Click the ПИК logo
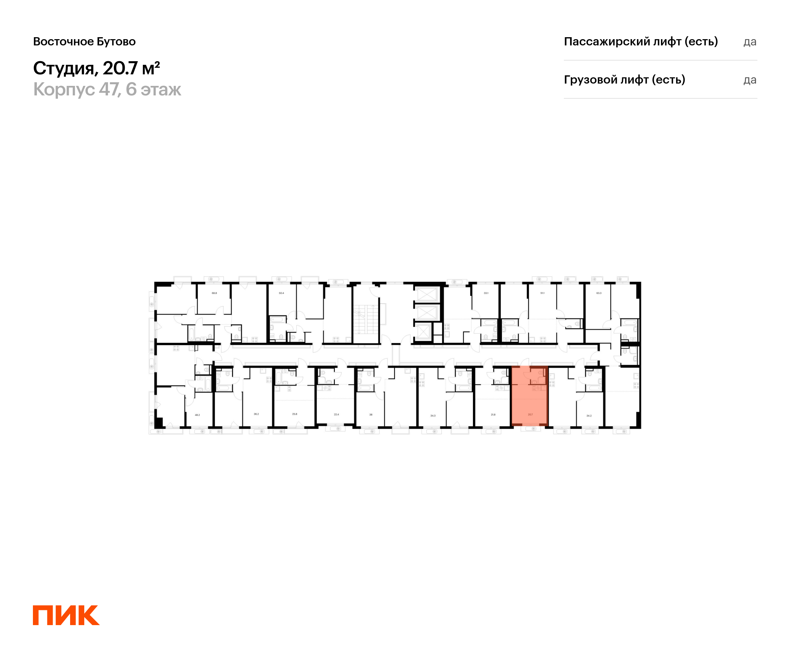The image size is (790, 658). (66, 615)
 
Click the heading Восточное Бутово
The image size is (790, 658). (84, 41)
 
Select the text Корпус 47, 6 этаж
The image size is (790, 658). (107, 89)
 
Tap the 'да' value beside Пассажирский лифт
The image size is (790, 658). (750, 42)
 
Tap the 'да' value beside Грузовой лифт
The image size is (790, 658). (750, 80)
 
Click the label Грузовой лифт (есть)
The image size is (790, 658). (624, 80)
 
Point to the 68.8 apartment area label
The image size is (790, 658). (214, 293)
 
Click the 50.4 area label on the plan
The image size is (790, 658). (281, 293)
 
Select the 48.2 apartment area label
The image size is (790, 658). (197, 415)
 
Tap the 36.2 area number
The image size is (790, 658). (256, 414)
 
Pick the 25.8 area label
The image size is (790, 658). (295, 414)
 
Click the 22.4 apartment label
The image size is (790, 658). (336, 414)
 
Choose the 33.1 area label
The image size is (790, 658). (486, 293)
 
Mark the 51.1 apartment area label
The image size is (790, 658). (542, 293)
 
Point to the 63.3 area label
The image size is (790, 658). (599, 293)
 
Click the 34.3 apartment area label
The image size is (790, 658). (433, 416)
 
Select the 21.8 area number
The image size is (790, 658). (493, 414)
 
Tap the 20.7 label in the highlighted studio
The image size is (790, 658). (530, 414)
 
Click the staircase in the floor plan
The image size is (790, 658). (365, 319)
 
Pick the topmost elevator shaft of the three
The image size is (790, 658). (426, 295)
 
